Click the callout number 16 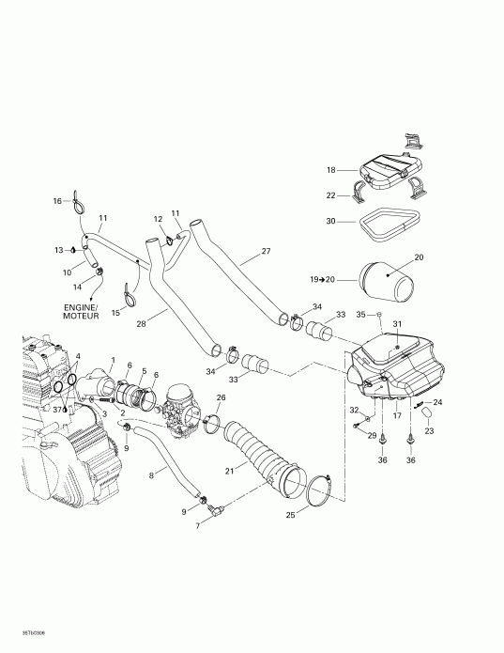(56, 201)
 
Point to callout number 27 (266, 251)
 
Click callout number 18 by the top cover (330, 170)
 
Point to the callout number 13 (57, 250)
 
